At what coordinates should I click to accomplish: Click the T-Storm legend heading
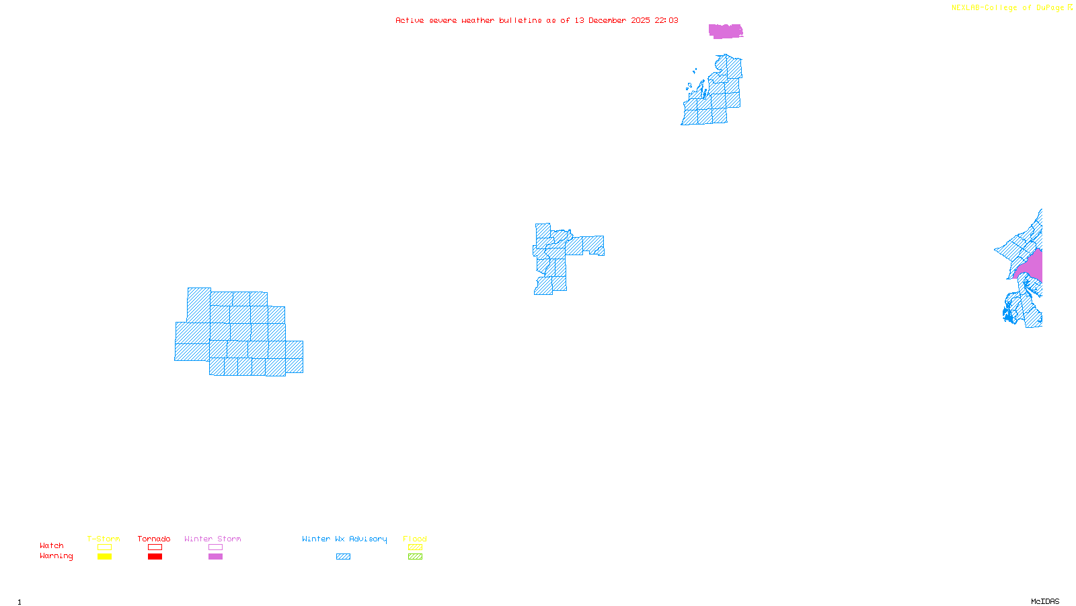(x=104, y=539)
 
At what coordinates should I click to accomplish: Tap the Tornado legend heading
(x=154, y=539)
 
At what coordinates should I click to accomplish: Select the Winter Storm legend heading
(x=213, y=539)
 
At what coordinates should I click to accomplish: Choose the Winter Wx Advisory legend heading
(x=344, y=539)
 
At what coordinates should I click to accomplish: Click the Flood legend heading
(x=415, y=539)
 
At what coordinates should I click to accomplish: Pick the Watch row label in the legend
(x=52, y=545)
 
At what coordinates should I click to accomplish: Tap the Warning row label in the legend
(x=56, y=556)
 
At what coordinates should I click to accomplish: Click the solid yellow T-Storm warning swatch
(x=104, y=557)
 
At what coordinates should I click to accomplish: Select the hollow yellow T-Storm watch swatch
(x=104, y=547)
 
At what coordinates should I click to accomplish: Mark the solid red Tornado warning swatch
(x=155, y=557)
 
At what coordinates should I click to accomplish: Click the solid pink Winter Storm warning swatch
(x=215, y=557)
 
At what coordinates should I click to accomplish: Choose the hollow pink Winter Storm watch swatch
(x=215, y=547)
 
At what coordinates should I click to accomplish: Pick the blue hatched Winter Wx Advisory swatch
(x=343, y=557)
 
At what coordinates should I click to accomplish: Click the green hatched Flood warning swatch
(x=416, y=557)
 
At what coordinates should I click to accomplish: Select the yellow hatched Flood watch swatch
(x=416, y=547)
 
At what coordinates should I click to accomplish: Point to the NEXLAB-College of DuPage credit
(x=1008, y=7)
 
